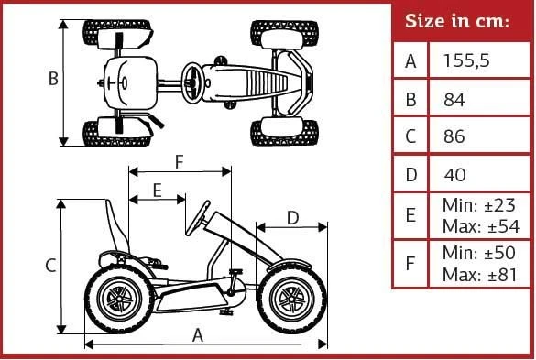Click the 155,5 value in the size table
pyautogui.click(x=466, y=60)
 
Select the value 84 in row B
pyautogui.click(x=454, y=100)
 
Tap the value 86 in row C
pyautogui.click(x=454, y=136)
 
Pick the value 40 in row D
pyautogui.click(x=455, y=175)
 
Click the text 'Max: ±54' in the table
pyautogui.click(x=481, y=226)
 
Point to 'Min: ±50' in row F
pyautogui.click(x=479, y=253)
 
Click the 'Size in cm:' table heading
pyautogui.click(x=457, y=21)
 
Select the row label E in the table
pyautogui.click(x=410, y=215)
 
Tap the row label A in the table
pyautogui.click(x=410, y=61)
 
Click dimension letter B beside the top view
pyautogui.click(x=53, y=78)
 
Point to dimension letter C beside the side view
pyautogui.click(x=50, y=266)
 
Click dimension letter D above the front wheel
pyautogui.click(x=292, y=218)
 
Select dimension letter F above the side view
pyautogui.click(x=180, y=162)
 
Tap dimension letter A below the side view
pyautogui.click(x=198, y=335)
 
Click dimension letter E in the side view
pyautogui.click(x=157, y=191)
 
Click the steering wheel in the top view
pyautogui.click(x=192, y=82)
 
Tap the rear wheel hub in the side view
pyautogui.click(x=119, y=299)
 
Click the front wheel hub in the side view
pyautogui.click(x=291, y=300)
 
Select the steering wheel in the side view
pyautogui.click(x=198, y=218)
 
